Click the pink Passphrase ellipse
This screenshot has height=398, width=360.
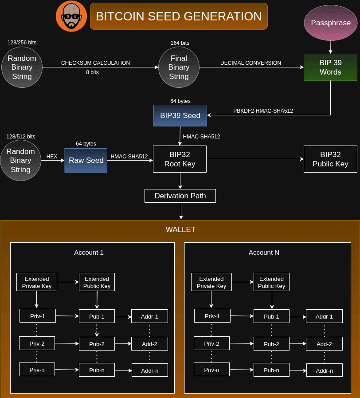coord(331,23)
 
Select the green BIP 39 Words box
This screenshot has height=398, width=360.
coord(330,67)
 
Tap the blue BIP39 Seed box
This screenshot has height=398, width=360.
coord(180,115)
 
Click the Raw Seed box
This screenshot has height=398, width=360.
coord(86,160)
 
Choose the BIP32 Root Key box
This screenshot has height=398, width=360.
coord(180,159)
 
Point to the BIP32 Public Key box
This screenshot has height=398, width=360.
coord(330,159)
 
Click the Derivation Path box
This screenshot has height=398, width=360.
coord(180,196)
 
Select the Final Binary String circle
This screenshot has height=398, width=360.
coord(179,67)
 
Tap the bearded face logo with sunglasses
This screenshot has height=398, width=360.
coord(71,16)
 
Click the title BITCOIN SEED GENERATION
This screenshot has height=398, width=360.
coord(179,16)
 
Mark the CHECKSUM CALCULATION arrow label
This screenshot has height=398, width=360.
coord(95,63)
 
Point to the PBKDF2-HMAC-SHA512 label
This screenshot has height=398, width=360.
coord(263,110)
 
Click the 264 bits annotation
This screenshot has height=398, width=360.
coord(180,43)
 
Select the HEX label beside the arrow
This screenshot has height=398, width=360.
coord(52,157)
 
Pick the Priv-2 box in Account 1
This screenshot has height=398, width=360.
coord(37,343)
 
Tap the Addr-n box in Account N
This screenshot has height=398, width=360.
coord(324,370)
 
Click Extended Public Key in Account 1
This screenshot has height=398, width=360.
coord(97,282)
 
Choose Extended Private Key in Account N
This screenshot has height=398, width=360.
coord(211,282)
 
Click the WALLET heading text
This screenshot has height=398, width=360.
coord(180,229)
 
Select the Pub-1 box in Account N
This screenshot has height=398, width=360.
coord(271,316)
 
